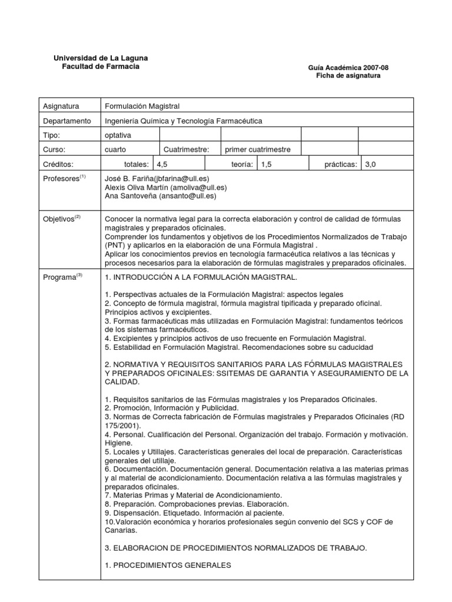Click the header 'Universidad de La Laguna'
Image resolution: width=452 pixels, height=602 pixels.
point(101,58)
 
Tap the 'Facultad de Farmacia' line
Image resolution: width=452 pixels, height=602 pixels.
point(101,67)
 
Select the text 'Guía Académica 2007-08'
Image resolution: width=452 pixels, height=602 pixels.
point(348,68)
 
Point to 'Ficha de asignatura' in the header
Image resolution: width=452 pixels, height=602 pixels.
point(348,76)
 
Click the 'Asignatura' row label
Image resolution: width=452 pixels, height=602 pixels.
point(61,106)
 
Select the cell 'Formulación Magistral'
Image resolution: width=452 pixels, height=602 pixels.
point(142,106)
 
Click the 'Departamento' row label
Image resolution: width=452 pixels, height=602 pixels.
point(67,121)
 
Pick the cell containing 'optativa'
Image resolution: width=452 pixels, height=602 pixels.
point(118,135)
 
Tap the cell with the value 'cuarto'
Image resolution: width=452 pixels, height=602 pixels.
point(115,150)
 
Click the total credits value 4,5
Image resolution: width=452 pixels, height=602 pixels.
point(162,165)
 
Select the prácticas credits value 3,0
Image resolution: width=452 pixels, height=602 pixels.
point(370,165)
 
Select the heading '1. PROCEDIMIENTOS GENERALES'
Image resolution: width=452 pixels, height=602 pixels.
point(168,566)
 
